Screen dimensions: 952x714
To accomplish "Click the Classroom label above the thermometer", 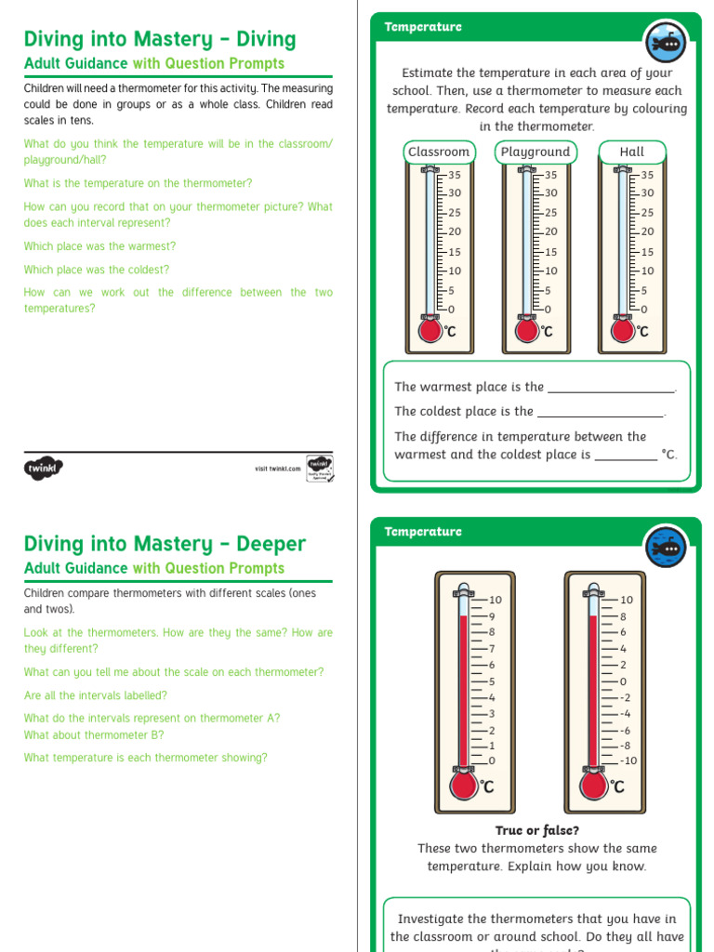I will click(439, 152).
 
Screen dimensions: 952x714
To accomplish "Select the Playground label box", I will click(535, 152).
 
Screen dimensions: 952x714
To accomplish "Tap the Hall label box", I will click(632, 152).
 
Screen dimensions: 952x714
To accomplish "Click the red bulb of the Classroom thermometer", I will click(430, 330).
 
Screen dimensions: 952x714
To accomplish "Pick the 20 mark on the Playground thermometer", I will click(550, 231).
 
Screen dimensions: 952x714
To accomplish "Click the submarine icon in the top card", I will click(666, 42).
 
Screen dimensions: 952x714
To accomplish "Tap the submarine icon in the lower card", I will click(666, 547).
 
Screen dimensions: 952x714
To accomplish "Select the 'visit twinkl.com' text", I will click(278, 469).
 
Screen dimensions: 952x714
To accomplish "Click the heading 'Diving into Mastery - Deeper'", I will click(165, 544).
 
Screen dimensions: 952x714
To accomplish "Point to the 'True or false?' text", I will click(537, 830).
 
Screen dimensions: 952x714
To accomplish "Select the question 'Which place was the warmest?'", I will click(99, 246).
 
